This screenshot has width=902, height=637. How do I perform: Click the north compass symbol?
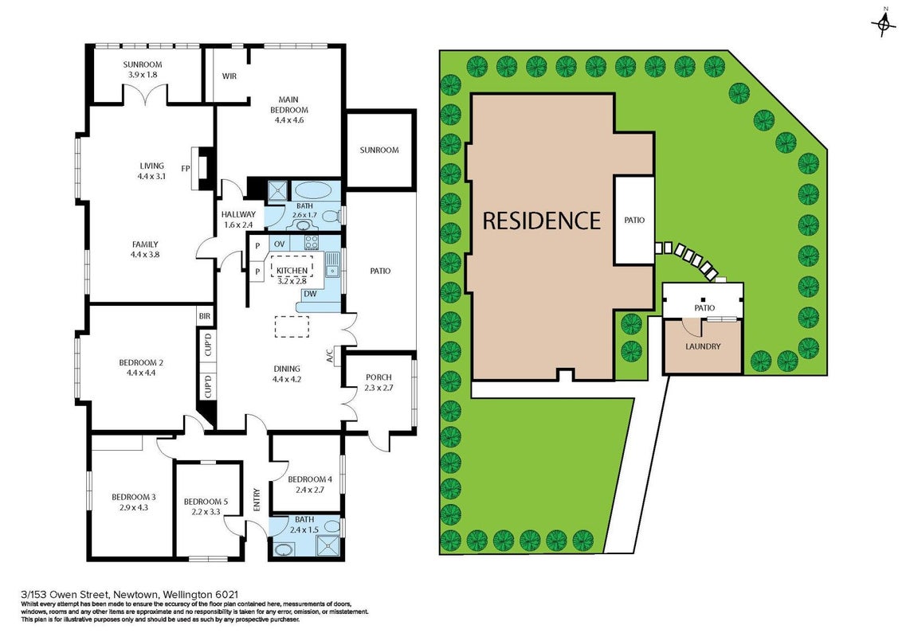click(x=882, y=24)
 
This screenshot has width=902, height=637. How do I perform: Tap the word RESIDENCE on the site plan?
click(x=541, y=221)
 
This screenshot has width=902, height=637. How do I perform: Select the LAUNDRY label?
click(x=703, y=346)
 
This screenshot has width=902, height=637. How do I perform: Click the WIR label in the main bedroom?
click(x=229, y=76)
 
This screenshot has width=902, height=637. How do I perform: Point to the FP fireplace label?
click(x=186, y=169)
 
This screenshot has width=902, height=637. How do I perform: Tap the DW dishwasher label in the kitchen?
click(x=310, y=294)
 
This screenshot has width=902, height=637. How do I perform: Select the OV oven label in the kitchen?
click(x=279, y=244)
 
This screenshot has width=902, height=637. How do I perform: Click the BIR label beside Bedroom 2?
click(x=205, y=316)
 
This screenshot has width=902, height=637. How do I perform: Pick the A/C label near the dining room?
click(x=330, y=357)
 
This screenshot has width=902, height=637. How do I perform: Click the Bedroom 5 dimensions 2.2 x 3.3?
click(x=206, y=512)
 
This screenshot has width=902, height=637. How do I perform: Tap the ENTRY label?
click(x=257, y=499)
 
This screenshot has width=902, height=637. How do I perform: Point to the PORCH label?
click(x=378, y=377)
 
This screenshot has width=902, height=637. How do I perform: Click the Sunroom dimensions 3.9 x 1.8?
click(x=142, y=75)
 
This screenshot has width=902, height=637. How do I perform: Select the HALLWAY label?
click(x=238, y=214)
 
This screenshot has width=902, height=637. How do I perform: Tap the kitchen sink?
click(x=331, y=268)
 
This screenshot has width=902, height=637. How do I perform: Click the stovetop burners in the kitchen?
click(x=312, y=242)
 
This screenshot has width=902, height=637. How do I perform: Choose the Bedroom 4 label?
click(x=310, y=479)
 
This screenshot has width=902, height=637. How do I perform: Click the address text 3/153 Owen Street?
click(x=67, y=595)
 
